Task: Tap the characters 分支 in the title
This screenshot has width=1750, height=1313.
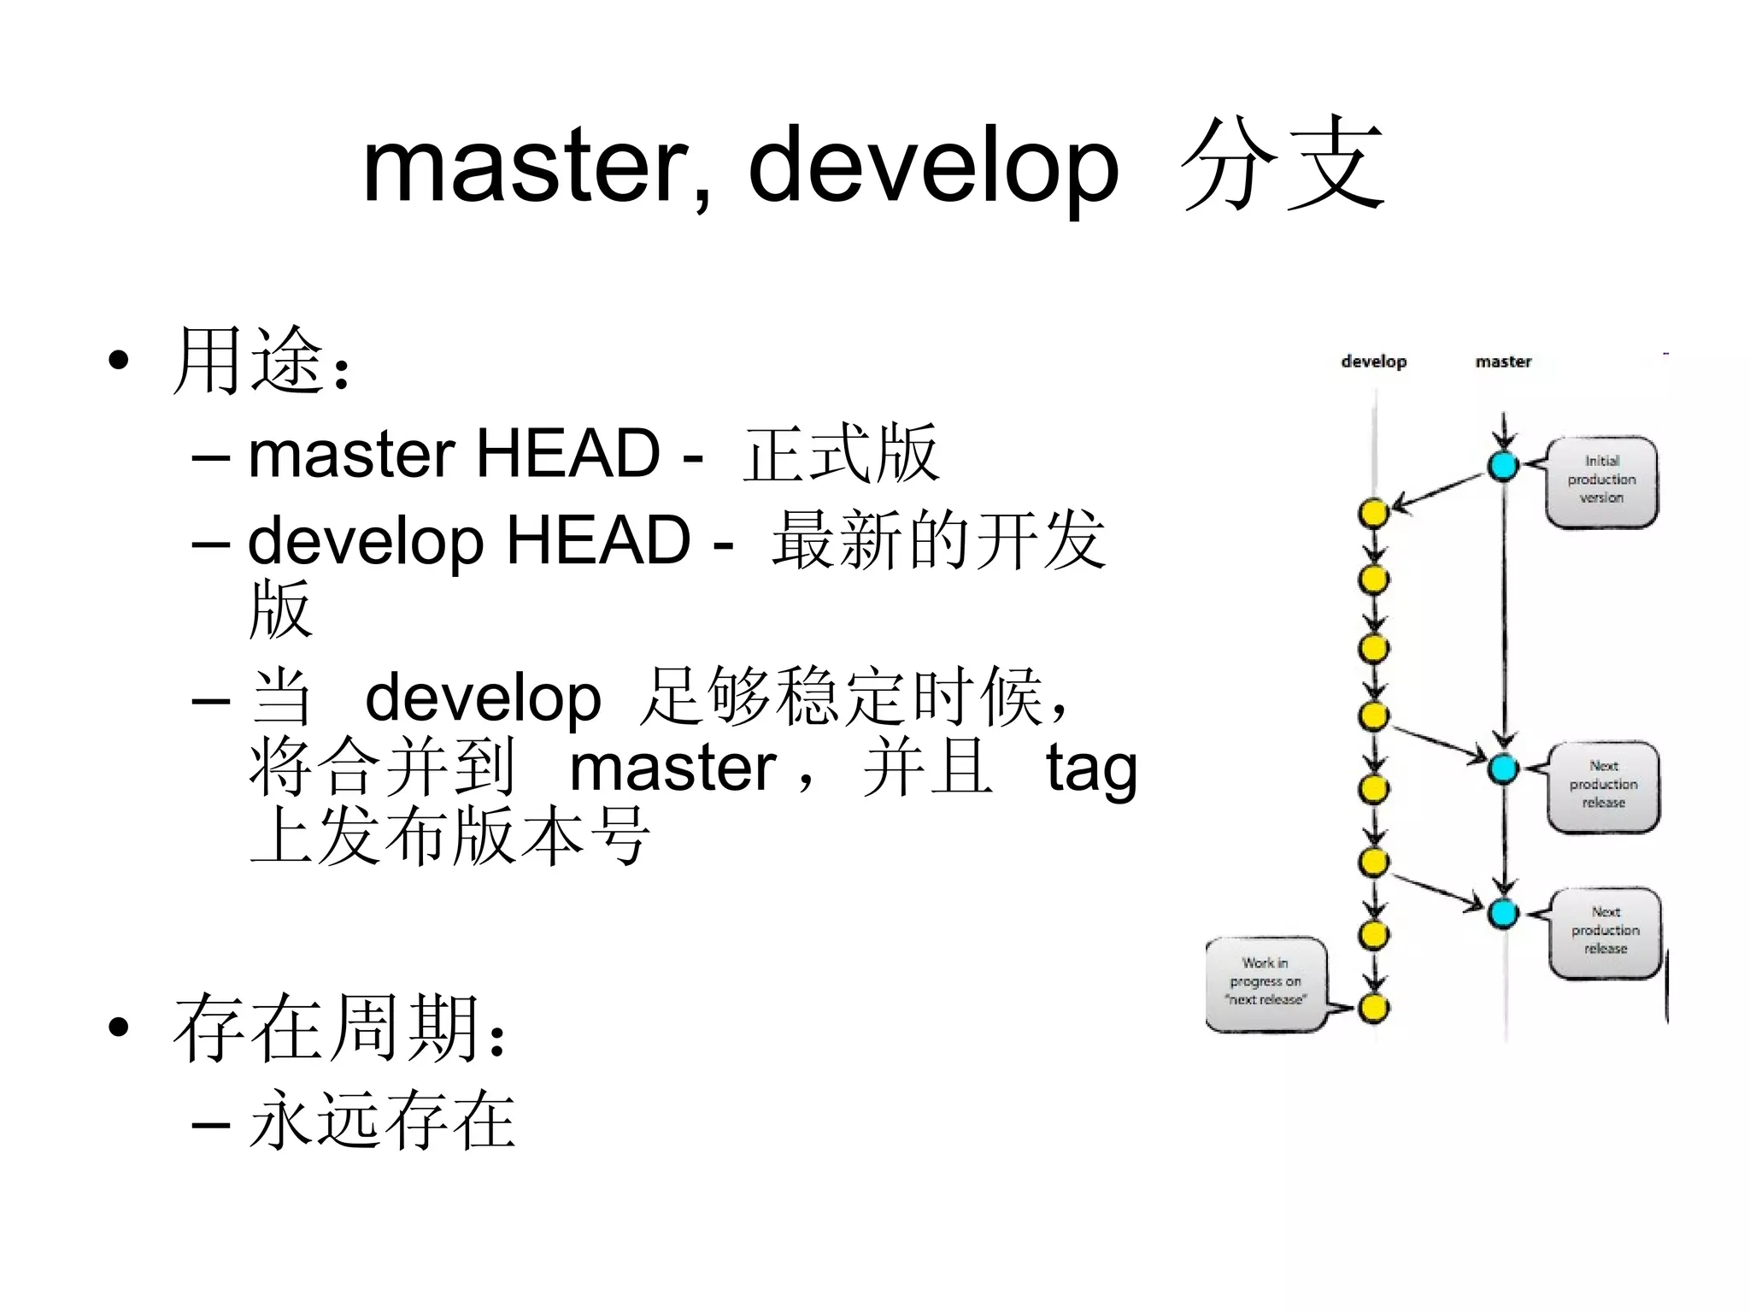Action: (1282, 164)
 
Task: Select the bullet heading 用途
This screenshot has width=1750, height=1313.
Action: (248, 361)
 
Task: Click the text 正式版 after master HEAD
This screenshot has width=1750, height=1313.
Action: (842, 454)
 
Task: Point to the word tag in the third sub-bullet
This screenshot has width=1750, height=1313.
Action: (1091, 768)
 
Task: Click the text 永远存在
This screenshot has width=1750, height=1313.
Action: (382, 1120)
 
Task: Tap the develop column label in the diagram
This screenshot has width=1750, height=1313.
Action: (1373, 362)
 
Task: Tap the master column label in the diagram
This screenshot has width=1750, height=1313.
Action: (1503, 362)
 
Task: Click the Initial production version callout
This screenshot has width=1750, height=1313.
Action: (1601, 480)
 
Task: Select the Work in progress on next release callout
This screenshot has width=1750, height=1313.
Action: (1266, 983)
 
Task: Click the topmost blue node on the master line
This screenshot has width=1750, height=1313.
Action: (1503, 466)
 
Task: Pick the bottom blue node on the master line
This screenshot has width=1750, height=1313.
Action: (1503, 913)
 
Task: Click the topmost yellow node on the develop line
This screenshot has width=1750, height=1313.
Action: (1373, 513)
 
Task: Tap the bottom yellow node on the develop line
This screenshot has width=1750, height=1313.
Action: (1373, 1008)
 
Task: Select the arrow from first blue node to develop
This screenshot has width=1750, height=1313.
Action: (1438, 491)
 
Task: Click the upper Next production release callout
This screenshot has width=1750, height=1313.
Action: (1603, 785)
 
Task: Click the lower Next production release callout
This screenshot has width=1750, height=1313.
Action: (1605, 931)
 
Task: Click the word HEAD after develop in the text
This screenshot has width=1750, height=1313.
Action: (598, 541)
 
